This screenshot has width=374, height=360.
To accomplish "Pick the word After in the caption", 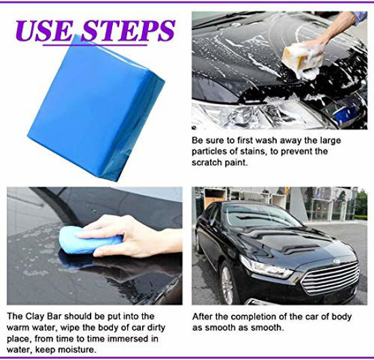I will point(203,316).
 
